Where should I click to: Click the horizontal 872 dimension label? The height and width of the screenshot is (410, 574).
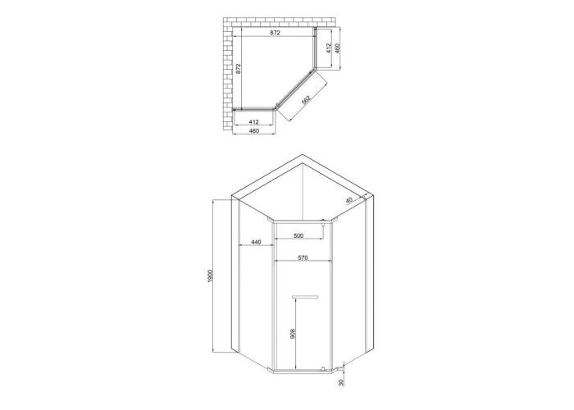coord(275,33)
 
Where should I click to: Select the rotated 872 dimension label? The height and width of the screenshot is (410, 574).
coord(238,69)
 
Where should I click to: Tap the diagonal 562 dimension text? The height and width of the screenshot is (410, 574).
coord(306,100)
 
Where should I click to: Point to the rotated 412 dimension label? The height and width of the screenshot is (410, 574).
coord(328,48)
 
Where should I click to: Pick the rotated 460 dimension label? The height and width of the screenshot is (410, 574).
coord(337,48)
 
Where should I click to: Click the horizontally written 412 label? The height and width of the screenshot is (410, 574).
coord(253,122)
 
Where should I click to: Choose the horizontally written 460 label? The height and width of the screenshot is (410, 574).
coord(254,130)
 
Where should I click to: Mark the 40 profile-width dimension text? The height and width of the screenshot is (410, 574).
coord(348,200)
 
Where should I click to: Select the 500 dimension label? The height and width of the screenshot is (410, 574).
coord(298,236)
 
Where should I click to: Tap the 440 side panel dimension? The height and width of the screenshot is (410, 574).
coord(256,242)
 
